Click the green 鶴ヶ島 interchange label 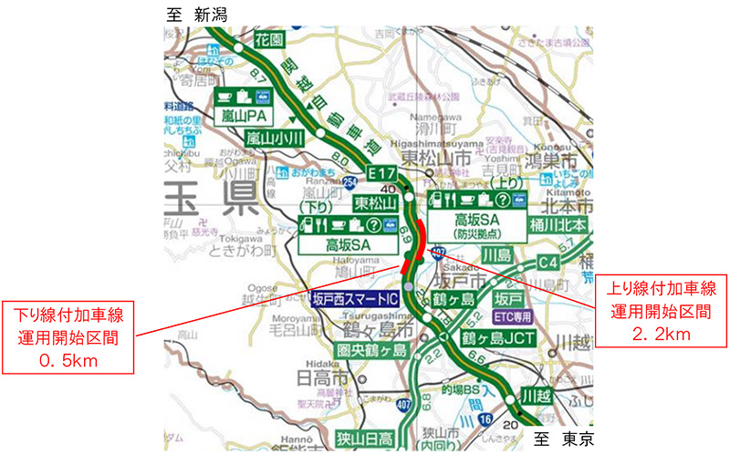[x=454, y=299]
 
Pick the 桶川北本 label [x=558, y=222]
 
